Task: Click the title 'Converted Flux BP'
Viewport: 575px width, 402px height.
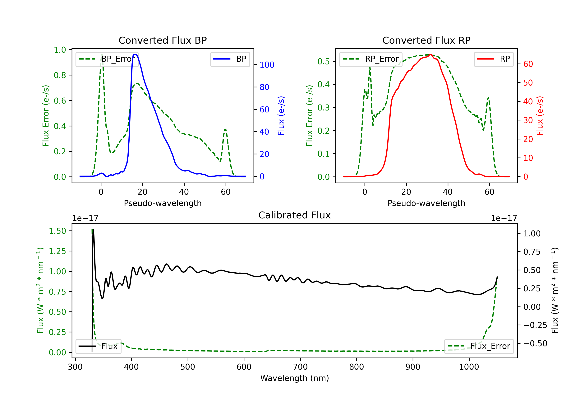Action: [163, 40]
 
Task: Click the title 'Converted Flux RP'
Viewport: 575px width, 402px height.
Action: [426, 40]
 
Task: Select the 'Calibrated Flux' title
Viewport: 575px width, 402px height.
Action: [295, 215]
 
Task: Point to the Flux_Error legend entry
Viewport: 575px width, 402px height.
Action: [479, 346]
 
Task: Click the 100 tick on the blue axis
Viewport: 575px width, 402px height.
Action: [267, 65]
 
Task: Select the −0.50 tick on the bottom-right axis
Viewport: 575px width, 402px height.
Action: [535, 343]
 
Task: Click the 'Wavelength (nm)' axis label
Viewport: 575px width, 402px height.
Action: [295, 378]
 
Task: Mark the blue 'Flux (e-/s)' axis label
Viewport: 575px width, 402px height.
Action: [281, 116]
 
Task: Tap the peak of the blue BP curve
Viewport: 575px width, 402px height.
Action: [135, 54]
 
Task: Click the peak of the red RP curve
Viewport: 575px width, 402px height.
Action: [430, 54]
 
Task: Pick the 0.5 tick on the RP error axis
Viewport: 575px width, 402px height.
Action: [324, 61]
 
